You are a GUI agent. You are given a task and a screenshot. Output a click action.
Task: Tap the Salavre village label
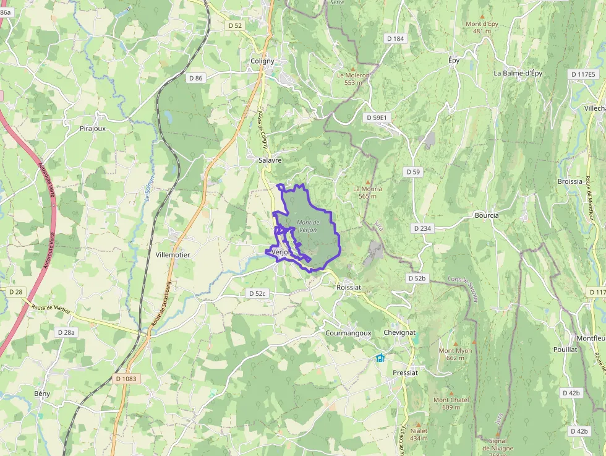pyautogui.click(x=270, y=160)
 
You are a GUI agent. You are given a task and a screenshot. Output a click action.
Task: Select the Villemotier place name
pyautogui.click(x=173, y=255)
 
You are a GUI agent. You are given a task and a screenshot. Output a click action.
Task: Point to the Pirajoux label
pyautogui.click(x=93, y=129)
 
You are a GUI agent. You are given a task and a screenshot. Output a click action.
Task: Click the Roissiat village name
pyautogui.click(x=349, y=288)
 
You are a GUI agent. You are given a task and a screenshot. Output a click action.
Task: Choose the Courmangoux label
pyautogui.click(x=348, y=333)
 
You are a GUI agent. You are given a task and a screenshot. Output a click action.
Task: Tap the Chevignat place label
pyautogui.click(x=399, y=333)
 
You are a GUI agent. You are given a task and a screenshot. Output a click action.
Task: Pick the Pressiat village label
pyautogui.click(x=406, y=372)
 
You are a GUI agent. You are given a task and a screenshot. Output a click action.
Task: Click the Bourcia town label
pyautogui.click(x=487, y=215)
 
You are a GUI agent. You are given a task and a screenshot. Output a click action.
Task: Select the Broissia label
pyautogui.click(x=570, y=181)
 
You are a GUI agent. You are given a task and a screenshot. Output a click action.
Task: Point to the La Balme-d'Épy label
pyautogui.click(x=518, y=73)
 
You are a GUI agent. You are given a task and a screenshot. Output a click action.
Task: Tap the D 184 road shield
pyautogui.click(x=395, y=39)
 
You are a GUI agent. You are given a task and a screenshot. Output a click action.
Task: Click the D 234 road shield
pyautogui.click(x=422, y=228)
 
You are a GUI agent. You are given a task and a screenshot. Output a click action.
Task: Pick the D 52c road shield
pyautogui.click(x=257, y=293)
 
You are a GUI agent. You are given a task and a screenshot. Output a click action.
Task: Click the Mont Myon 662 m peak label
pyautogui.click(x=455, y=354)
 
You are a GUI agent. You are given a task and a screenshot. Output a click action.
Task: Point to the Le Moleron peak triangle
pyautogui.click(x=353, y=69)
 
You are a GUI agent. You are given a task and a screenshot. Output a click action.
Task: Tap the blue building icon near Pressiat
pyautogui.click(x=380, y=358)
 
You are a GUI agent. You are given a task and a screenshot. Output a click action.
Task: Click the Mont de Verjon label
pyautogui.click(x=308, y=226)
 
